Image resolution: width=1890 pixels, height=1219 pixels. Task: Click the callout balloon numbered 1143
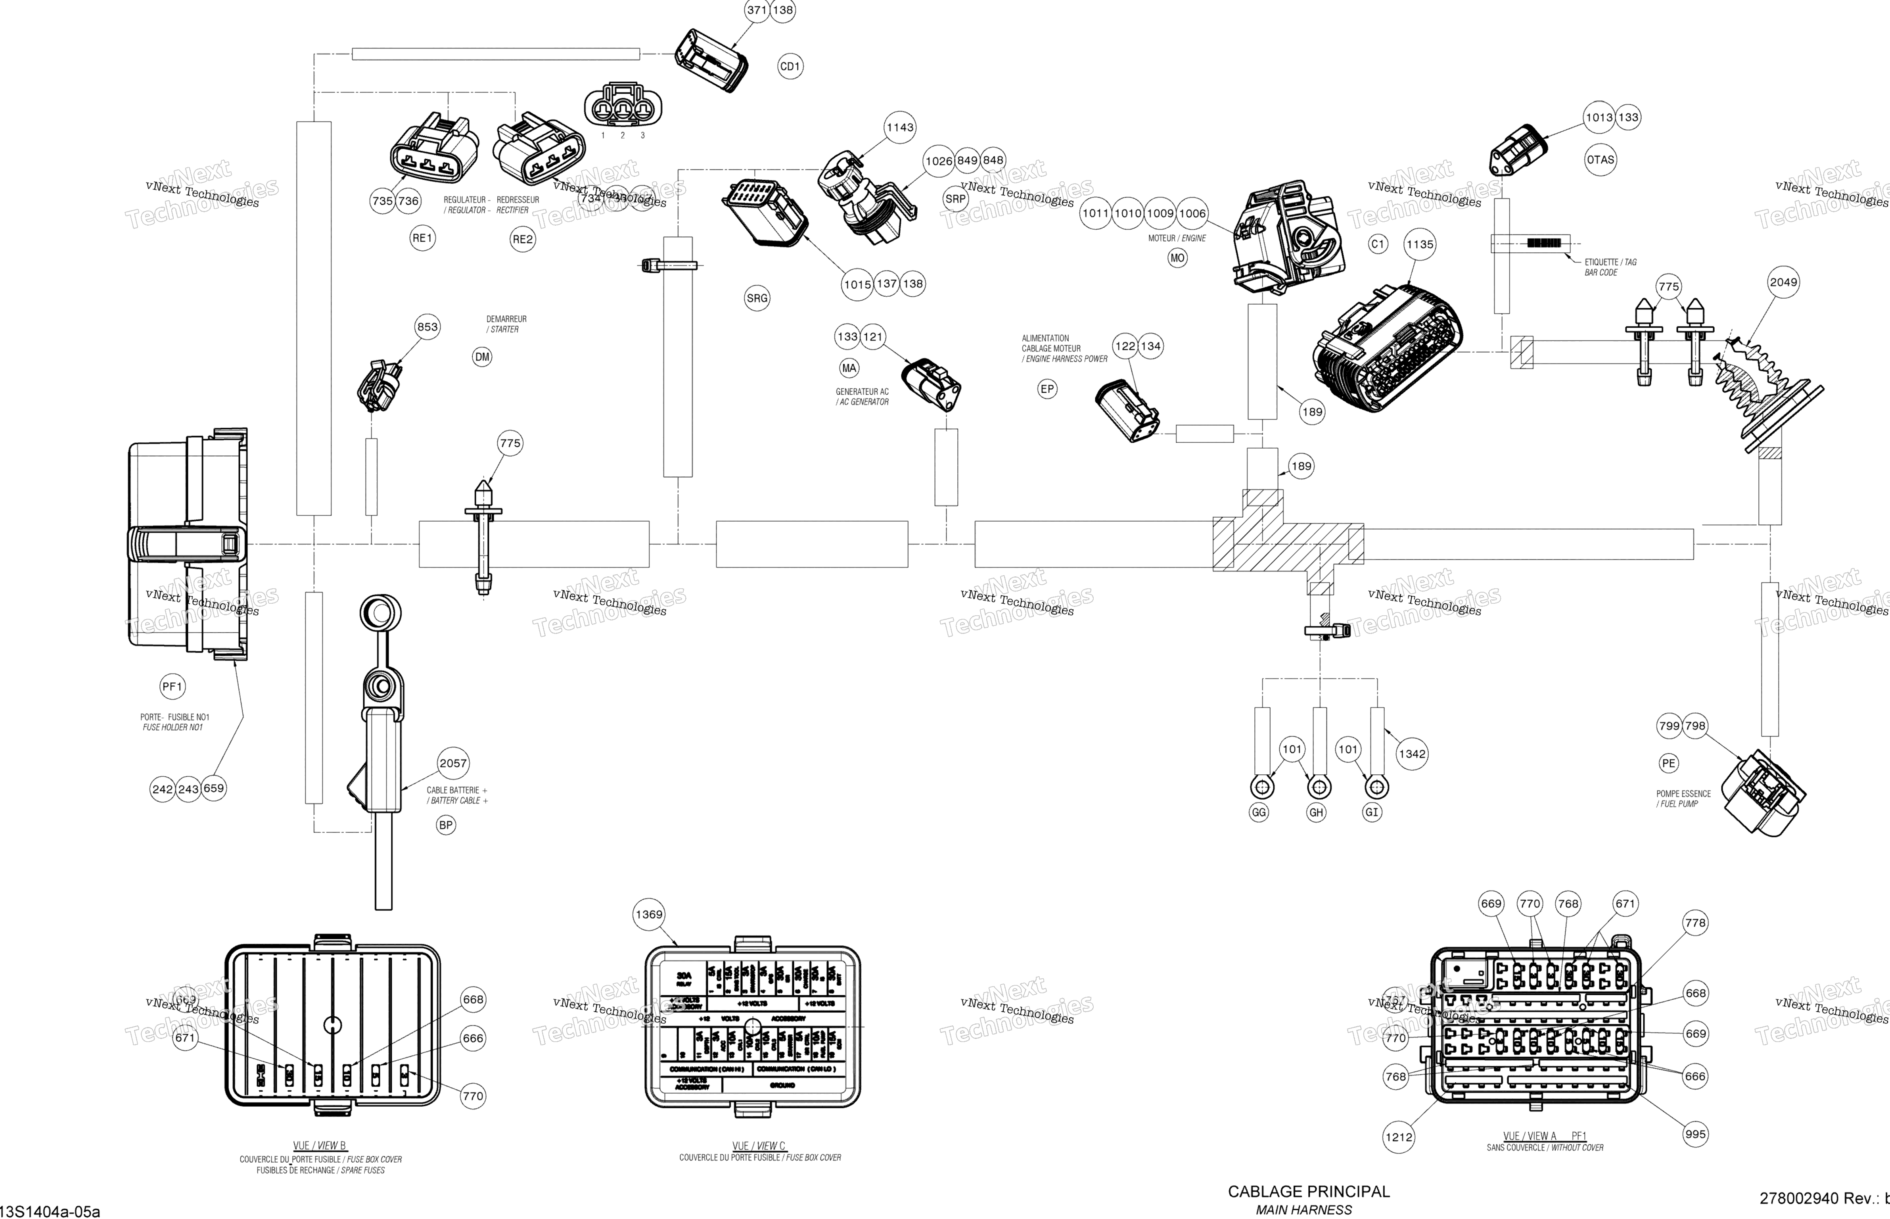899,127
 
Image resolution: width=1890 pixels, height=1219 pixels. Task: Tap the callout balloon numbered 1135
1419,245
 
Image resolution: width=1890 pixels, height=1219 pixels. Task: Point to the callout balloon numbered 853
427,327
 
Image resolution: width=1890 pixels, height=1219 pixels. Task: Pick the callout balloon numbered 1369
649,914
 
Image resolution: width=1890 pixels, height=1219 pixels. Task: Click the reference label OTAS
1601,160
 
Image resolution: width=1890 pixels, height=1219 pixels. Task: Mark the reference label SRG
757,298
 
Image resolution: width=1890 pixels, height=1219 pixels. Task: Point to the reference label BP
446,825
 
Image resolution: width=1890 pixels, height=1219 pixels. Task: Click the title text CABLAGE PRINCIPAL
1309,1191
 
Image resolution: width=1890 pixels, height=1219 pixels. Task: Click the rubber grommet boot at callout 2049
1764,392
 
